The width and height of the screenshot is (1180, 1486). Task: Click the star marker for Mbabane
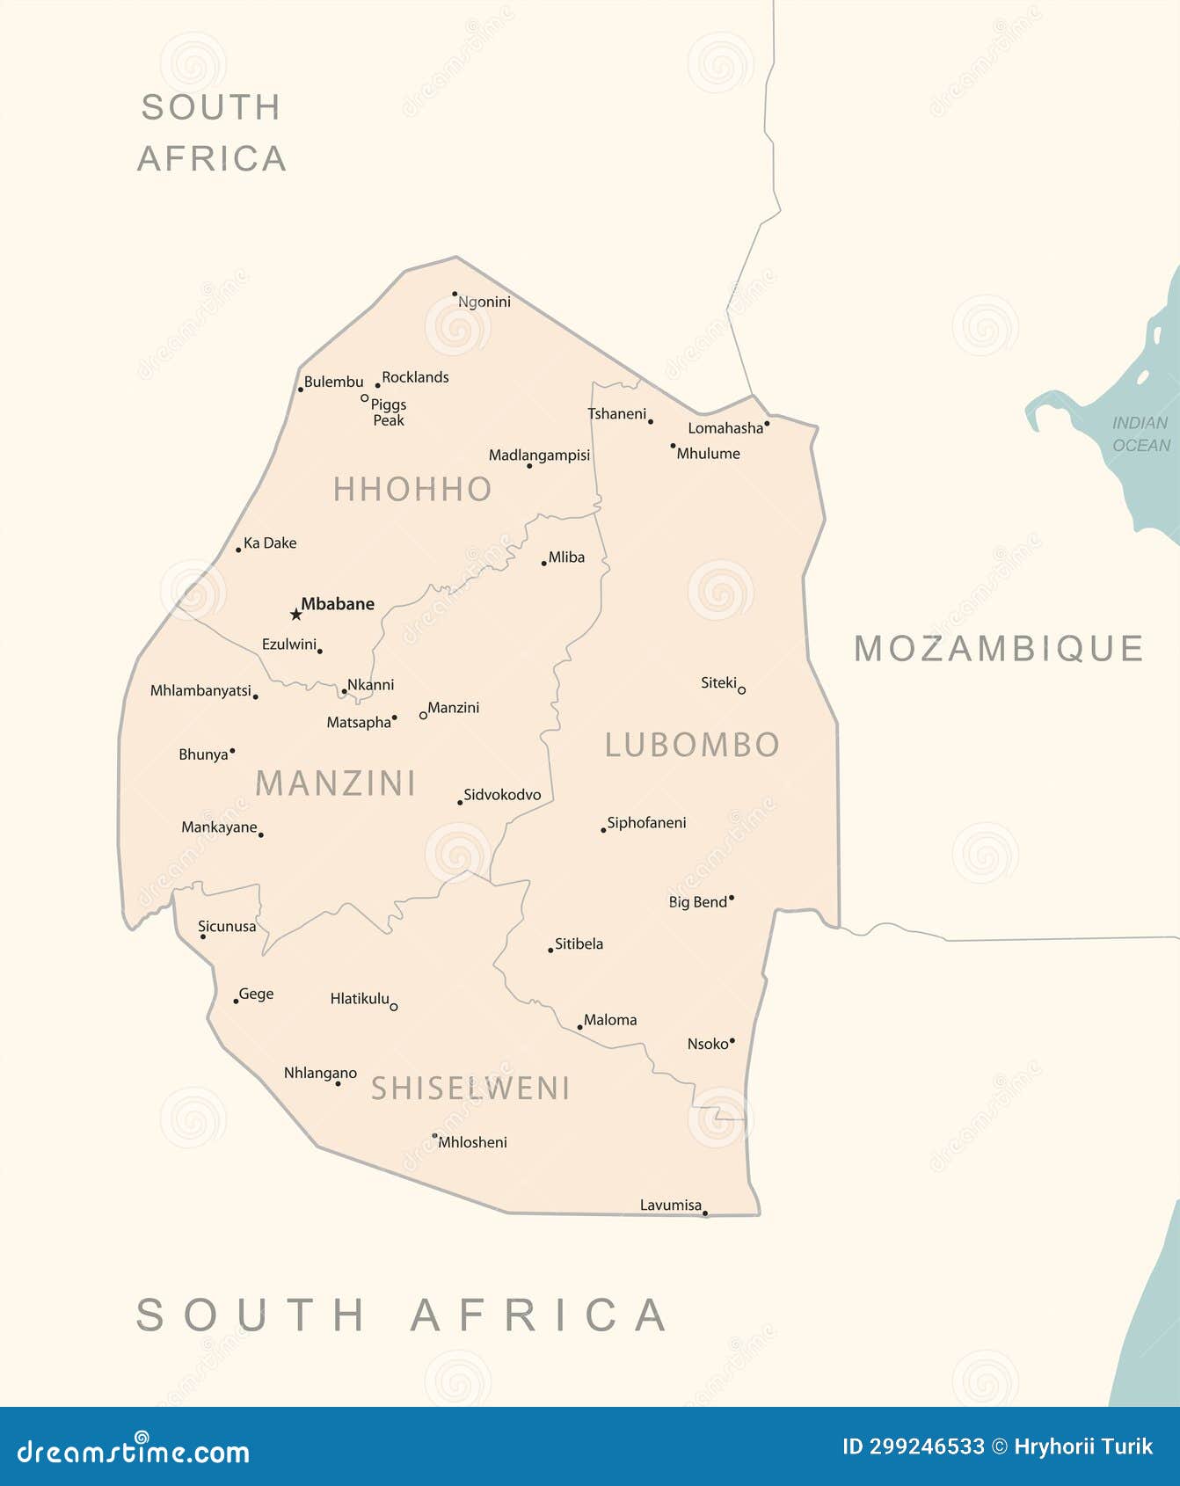(x=296, y=614)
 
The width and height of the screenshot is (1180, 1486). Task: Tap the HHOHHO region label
(x=412, y=489)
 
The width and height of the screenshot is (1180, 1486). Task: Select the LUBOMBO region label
(x=692, y=745)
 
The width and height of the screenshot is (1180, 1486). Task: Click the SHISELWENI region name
(x=470, y=1089)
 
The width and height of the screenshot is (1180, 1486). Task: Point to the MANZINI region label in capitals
(x=335, y=783)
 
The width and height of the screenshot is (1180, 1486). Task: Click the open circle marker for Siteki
(x=741, y=690)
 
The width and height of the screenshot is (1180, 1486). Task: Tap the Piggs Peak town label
(x=388, y=412)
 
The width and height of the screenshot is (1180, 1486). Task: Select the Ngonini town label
(x=484, y=302)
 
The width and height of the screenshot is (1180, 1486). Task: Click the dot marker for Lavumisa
(x=705, y=1213)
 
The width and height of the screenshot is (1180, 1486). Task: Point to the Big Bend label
(x=698, y=902)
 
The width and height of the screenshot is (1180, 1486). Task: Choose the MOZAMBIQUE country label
(x=999, y=649)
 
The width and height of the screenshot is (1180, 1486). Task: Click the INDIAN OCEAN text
(x=1140, y=434)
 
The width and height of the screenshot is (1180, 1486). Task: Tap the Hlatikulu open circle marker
(x=393, y=1007)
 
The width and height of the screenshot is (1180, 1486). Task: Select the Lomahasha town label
(x=725, y=428)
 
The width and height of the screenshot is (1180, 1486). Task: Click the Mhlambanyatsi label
(x=200, y=691)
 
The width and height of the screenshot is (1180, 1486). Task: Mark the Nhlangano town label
(x=320, y=1073)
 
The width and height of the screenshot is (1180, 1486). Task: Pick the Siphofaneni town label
(x=646, y=823)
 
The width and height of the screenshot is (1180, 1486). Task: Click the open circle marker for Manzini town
(x=423, y=716)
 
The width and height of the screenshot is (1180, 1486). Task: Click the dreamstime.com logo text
(x=134, y=1452)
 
